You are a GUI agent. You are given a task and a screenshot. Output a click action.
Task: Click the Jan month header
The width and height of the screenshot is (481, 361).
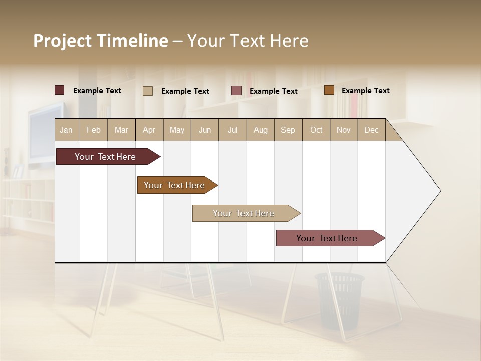67,130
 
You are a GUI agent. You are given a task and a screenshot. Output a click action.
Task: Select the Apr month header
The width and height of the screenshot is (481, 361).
149,130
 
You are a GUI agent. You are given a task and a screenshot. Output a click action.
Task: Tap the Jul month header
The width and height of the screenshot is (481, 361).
233,130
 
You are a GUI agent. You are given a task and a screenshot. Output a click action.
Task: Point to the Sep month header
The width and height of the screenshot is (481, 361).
288,130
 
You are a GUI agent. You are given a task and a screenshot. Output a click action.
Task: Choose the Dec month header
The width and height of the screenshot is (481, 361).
372,130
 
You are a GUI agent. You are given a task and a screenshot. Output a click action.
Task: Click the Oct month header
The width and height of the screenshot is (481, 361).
316,130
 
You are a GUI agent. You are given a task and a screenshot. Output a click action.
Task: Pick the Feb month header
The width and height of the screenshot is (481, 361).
94,130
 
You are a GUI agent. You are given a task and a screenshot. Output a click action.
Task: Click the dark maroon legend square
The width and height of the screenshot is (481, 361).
60,90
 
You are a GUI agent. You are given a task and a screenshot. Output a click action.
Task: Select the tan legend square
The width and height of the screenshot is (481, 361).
148,91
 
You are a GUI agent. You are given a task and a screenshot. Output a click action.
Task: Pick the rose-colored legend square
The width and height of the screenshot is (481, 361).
236,91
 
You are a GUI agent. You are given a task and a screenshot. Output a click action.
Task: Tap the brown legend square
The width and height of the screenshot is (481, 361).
329,90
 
